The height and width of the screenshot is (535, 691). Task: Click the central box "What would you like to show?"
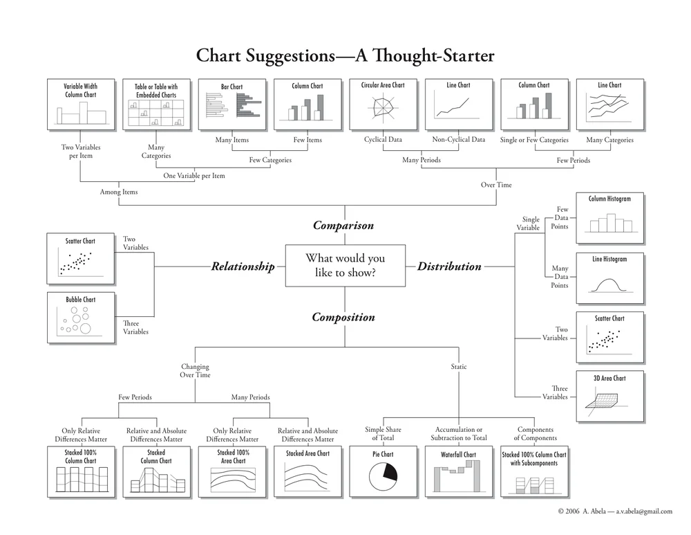click(x=345, y=266)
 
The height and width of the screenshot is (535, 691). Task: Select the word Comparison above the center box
click(x=343, y=226)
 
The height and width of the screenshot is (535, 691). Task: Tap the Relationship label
click(x=243, y=266)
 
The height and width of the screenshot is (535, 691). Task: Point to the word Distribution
click(x=449, y=266)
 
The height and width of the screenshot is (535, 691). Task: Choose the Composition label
click(x=343, y=318)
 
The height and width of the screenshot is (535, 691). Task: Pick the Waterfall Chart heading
click(x=458, y=455)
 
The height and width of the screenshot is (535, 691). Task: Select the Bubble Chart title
click(x=81, y=300)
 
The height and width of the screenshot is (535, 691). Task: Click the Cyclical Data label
click(x=383, y=140)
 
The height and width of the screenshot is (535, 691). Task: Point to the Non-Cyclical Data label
click(x=458, y=140)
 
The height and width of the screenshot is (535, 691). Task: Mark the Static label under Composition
click(x=458, y=367)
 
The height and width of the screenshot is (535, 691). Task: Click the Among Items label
click(x=119, y=192)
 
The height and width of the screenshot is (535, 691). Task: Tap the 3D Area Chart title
click(x=609, y=379)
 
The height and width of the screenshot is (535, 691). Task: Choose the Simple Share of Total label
click(x=383, y=434)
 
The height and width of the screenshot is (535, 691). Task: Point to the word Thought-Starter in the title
click(x=425, y=56)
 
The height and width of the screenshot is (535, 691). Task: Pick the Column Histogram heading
click(x=609, y=199)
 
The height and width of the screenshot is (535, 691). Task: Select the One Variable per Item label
click(x=194, y=176)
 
